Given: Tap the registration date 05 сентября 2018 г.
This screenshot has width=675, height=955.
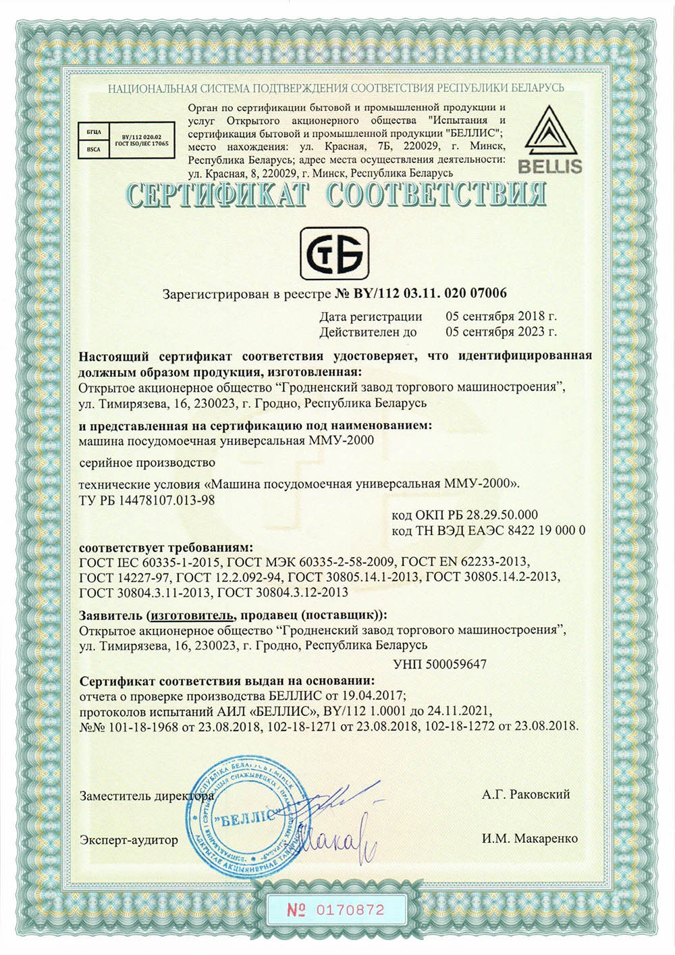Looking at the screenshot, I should coord(501,316).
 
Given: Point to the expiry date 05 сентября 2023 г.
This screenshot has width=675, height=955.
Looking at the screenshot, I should coord(501,332).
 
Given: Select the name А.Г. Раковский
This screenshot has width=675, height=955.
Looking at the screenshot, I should coord(526,794).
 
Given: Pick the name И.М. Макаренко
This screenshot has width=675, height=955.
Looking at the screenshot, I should coord(530,839).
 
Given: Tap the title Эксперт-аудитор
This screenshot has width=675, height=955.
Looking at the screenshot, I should coord(129,840).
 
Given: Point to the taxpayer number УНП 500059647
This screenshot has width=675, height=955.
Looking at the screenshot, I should coord(439,664).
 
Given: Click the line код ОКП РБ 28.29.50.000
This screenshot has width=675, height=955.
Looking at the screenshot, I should coord(464,515).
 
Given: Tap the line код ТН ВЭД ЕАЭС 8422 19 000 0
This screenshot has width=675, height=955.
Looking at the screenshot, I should coord(488,530).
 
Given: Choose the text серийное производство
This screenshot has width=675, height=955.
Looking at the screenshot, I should coord(147,463).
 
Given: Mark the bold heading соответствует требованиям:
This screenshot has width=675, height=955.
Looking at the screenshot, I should coord(166,546).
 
